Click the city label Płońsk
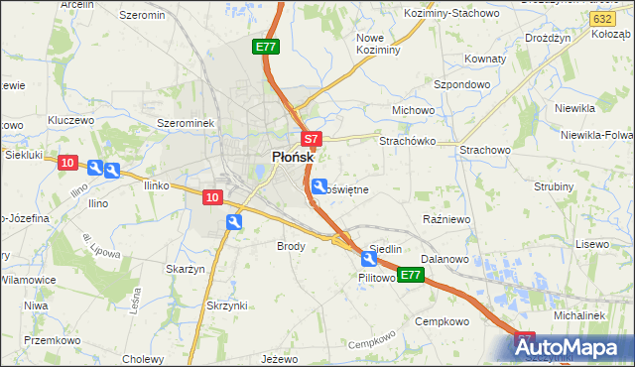[x=293, y=158]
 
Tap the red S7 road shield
[x=311, y=140]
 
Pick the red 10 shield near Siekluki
[x=67, y=164]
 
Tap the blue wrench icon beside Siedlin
[x=369, y=260]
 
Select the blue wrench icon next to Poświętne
[x=319, y=185]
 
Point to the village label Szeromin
[x=141, y=16]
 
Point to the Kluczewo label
[x=69, y=120]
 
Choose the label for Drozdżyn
[x=548, y=37]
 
